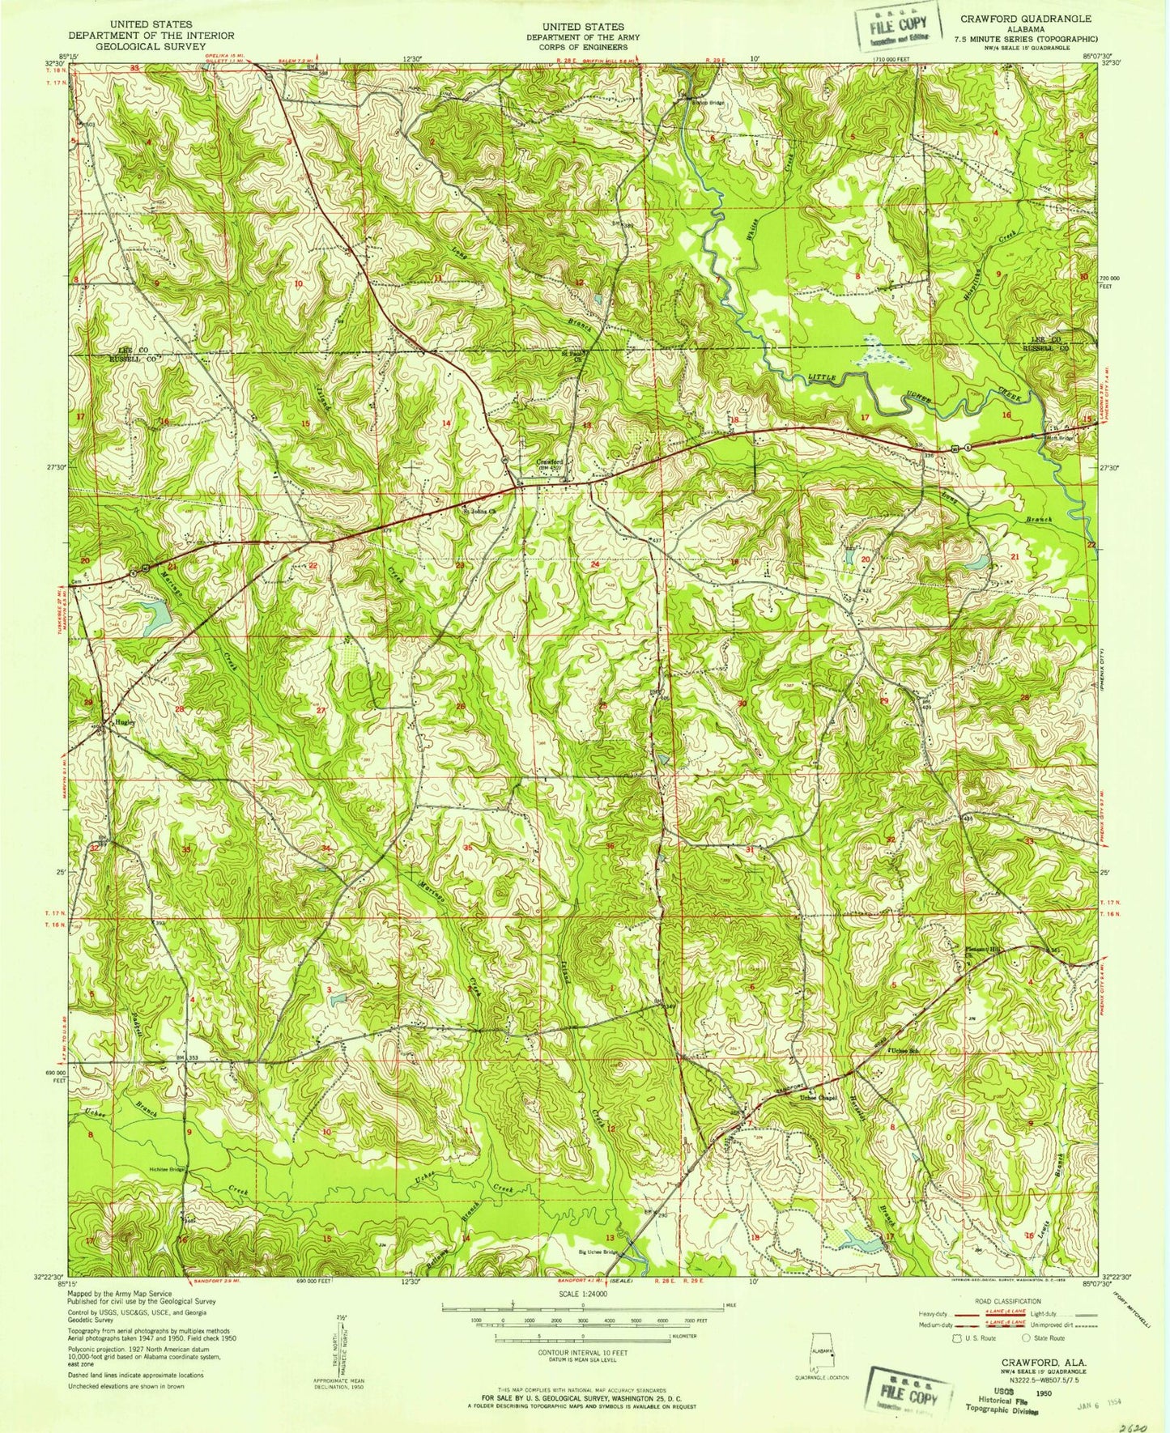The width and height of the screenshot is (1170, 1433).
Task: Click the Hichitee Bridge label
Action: pyautogui.click(x=166, y=1169)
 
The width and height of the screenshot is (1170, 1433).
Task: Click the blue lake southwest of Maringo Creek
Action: pyautogui.click(x=155, y=617)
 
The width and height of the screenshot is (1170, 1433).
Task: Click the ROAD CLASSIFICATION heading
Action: pyautogui.click(x=1003, y=1301)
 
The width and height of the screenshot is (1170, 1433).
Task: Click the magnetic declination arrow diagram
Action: pyautogui.click(x=340, y=1349)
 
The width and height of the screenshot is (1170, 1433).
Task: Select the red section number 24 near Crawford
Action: pyautogui.click(x=594, y=564)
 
